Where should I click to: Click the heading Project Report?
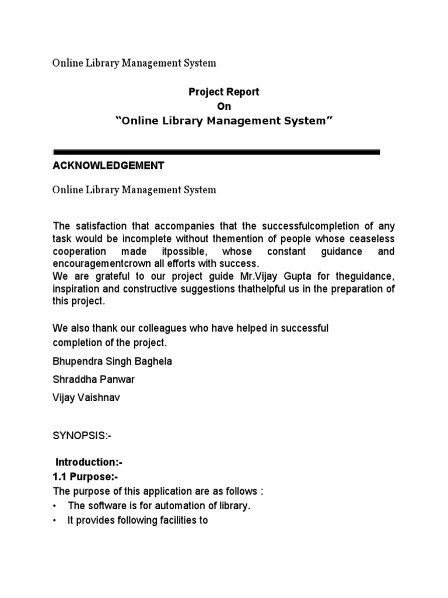point(223,92)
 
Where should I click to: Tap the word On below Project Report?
point(224,106)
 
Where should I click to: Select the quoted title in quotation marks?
point(224,121)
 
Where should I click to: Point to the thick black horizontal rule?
point(216,152)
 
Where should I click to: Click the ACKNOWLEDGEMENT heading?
point(108,166)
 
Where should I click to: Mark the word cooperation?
point(79,251)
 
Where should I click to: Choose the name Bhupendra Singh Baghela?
point(112,361)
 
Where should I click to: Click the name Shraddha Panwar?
point(93,380)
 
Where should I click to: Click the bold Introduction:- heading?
point(89,463)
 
